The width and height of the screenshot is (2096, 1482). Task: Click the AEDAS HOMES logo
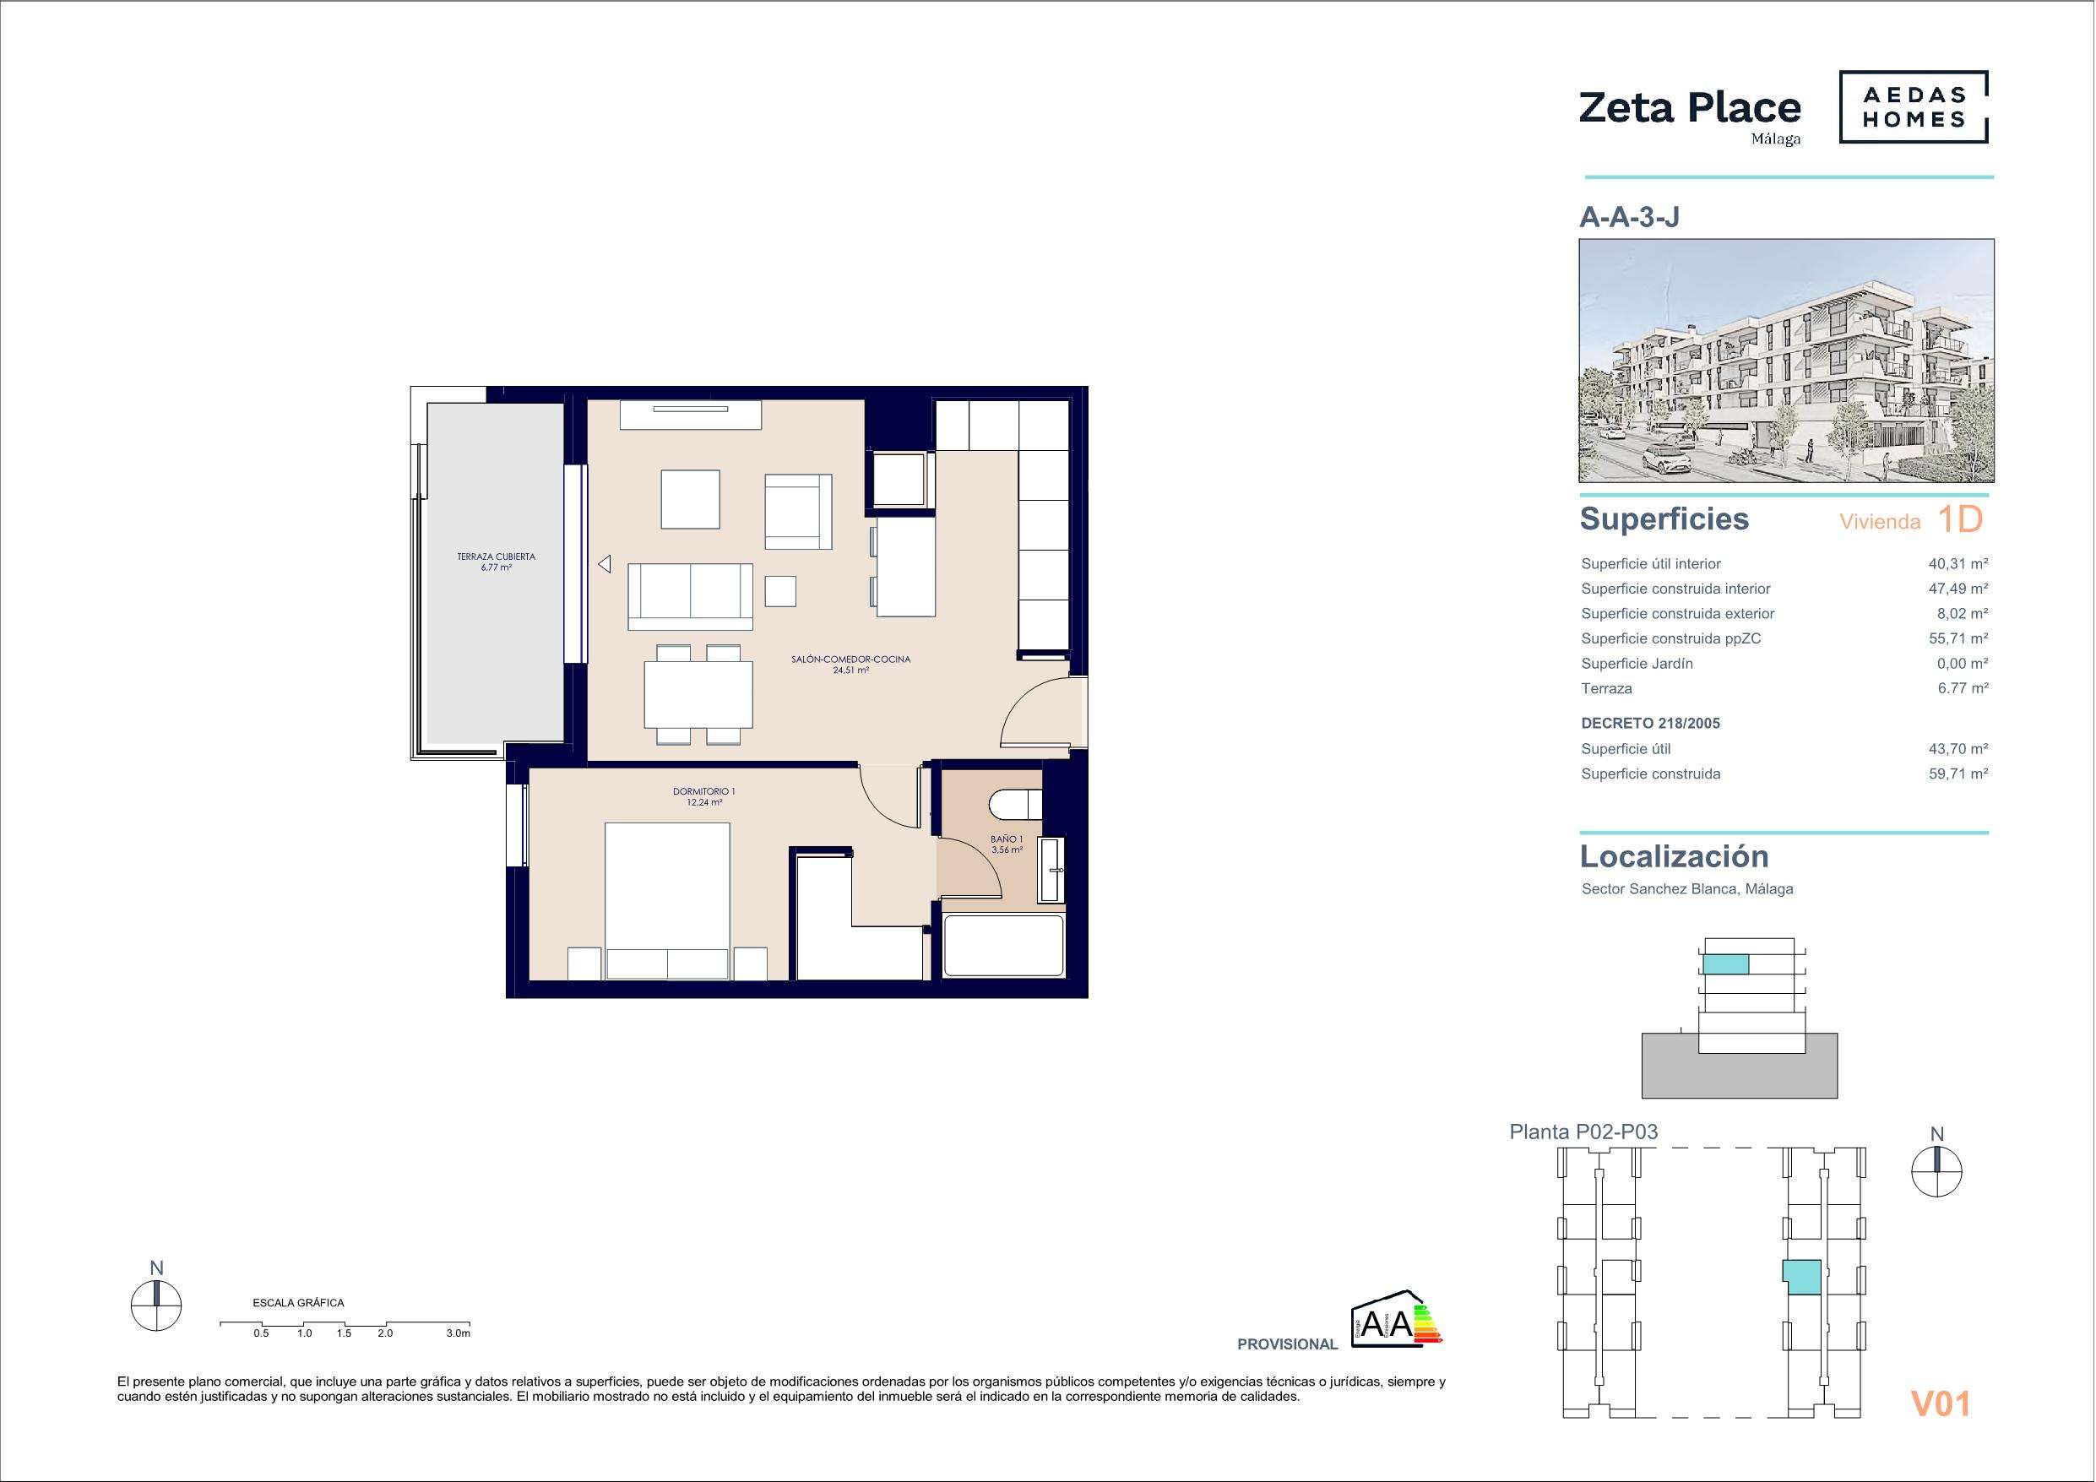tap(1914, 108)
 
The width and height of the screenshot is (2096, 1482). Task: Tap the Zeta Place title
tap(1690, 109)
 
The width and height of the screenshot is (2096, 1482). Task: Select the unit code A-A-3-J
tap(1630, 216)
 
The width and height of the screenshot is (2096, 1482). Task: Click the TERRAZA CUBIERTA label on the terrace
tap(496, 556)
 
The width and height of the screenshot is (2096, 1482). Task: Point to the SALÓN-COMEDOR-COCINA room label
tap(851, 660)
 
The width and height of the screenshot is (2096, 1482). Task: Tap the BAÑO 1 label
tap(1006, 839)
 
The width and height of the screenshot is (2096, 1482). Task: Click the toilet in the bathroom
tap(1014, 805)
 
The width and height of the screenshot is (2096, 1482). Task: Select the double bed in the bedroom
tap(667, 900)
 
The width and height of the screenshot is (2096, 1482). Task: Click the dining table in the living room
tap(698, 694)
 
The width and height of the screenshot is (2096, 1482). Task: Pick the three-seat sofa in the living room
tap(690, 596)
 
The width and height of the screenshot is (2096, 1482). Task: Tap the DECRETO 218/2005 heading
tap(1650, 723)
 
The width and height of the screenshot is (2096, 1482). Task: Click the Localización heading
tap(1675, 856)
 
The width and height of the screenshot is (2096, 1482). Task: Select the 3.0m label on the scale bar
tap(459, 1334)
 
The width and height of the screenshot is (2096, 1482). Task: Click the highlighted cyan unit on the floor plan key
tap(1802, 1278)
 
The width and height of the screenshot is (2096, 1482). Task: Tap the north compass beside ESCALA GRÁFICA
tap(156, 1306)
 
